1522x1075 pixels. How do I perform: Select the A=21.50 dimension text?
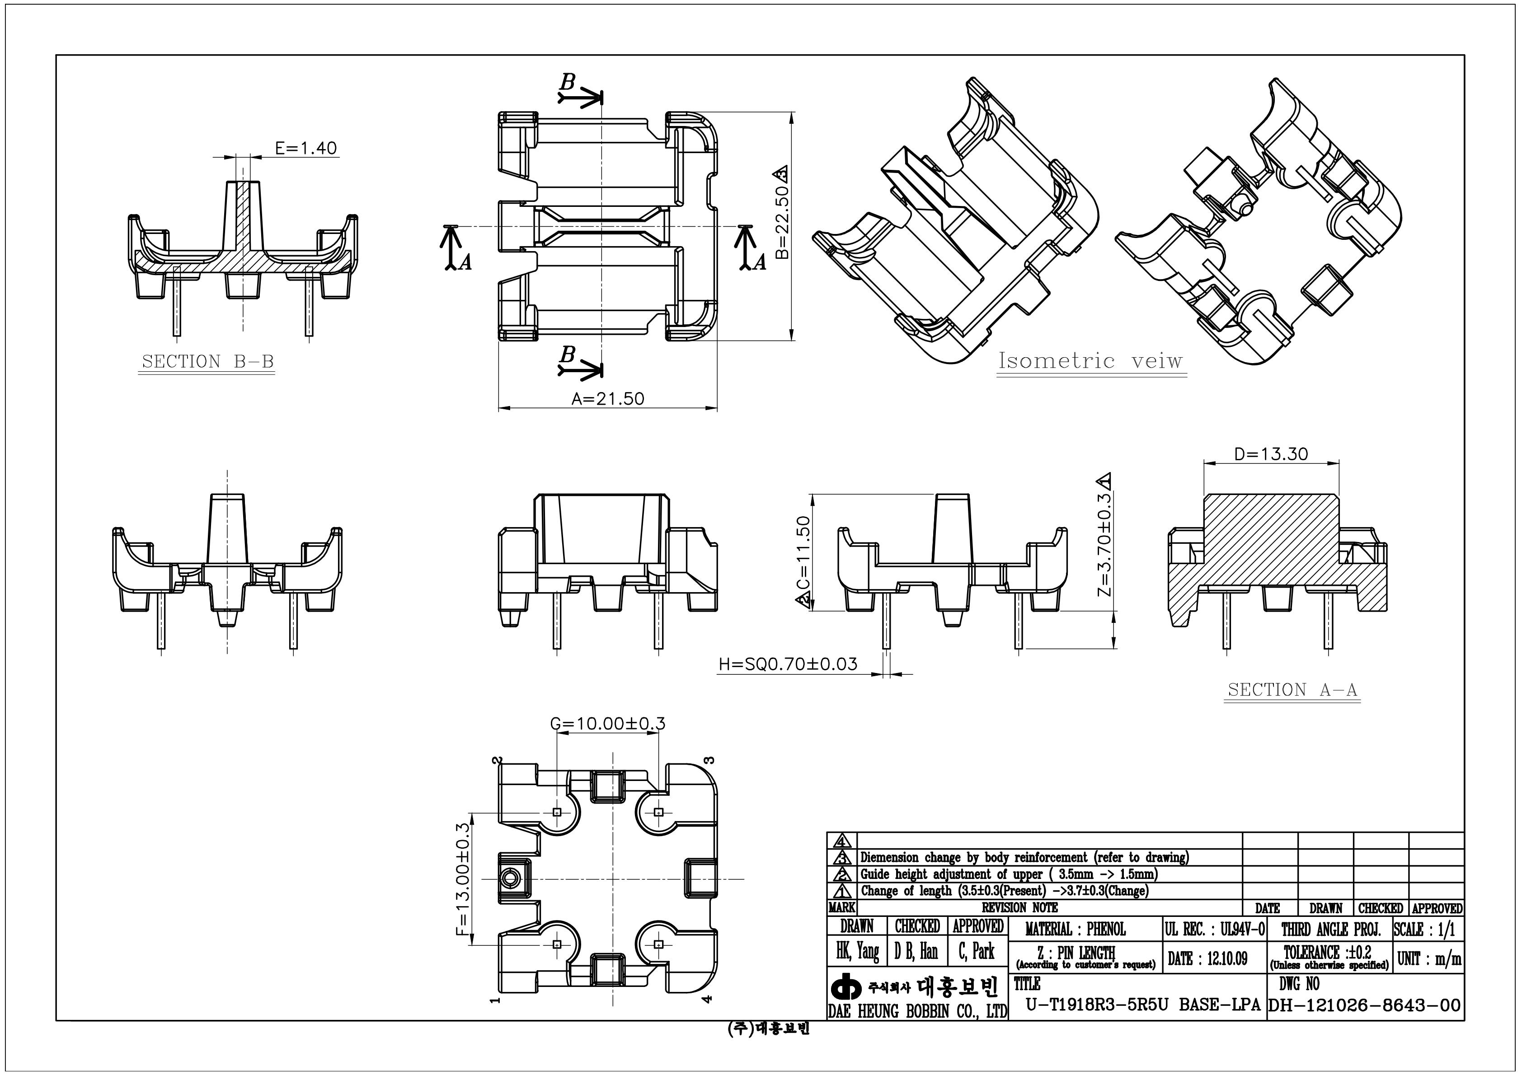607,398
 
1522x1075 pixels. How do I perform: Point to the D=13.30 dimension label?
1271,454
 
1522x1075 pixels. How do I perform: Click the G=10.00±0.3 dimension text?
607,723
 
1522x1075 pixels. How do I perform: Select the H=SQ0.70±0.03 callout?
788,664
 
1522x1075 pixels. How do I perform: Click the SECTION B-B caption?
207,362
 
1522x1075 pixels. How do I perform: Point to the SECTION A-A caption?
1292,690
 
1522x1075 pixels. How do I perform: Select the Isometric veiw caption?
1090,361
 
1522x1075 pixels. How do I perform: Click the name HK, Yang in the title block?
857,952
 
